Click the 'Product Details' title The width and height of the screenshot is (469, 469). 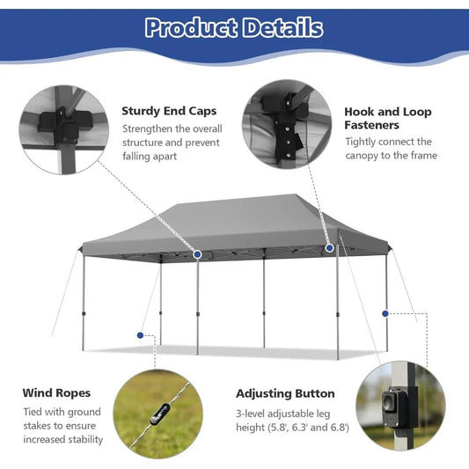[234, 27]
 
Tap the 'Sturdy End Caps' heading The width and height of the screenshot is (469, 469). [169, 112]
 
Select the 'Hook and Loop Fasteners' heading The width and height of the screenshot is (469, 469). [387, 119]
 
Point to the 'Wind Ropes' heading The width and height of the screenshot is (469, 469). [56, 393]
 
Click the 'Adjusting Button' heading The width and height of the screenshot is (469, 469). [285, 393]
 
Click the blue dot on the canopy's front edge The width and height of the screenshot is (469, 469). [198, 254]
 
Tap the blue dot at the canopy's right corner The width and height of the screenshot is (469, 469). [330, 248]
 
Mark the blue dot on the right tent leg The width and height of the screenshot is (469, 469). [385, 311]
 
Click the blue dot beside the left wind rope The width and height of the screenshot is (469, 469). [139, 334]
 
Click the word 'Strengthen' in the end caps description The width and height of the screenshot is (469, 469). [150, 128]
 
